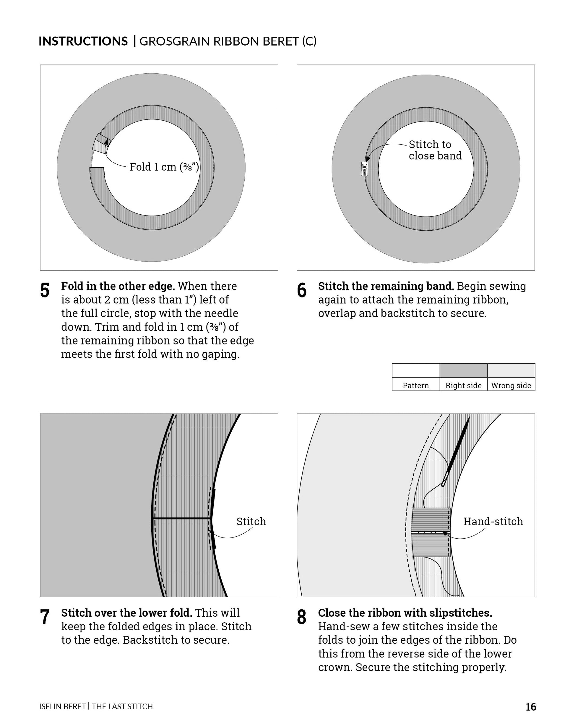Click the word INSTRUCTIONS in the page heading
coord(83,41)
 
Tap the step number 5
coord(45,290)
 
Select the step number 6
coord(301,290)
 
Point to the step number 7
coord(45,617)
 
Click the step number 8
coord(301,617)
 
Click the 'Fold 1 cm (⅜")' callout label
coord(164,167)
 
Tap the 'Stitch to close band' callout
coord(435,150)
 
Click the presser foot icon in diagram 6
coord(364,169)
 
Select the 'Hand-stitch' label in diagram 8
coord(493,521)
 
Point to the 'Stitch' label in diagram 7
coord(251,521)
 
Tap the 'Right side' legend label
coord(463,386)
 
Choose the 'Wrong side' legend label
coord(511,386)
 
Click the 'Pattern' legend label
coord(415,386)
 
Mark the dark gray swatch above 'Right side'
coord(463,370)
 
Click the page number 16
coord(531,707)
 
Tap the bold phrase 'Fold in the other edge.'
coord(118,286)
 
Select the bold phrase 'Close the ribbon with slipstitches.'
coord(405,613)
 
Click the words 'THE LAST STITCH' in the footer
coord(122,706)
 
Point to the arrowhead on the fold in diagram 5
coord(106,141)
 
